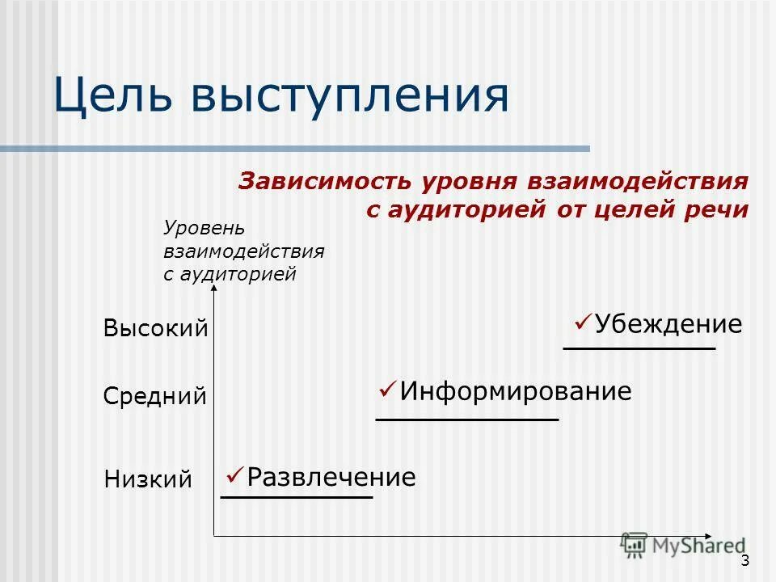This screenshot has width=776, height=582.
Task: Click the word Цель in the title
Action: tap(114, 95)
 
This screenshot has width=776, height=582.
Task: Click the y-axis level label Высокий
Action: tap(156, 329)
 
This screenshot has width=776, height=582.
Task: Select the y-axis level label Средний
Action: tap(155, 397)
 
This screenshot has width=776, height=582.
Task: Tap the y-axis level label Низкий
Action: tap(149, 480)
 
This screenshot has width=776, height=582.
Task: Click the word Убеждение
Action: tap(668, 325)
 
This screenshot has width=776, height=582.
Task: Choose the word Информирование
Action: tap(516, 392)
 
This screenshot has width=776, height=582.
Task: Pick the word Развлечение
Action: tap(331, 477)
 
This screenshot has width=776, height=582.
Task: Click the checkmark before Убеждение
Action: tap(584, 323)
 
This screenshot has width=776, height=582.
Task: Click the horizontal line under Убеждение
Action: tap(639, 348)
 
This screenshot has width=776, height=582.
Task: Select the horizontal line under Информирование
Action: tap(467, 420)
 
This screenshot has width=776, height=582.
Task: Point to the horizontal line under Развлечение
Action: tap(297, 497)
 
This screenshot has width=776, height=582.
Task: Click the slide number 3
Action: tap(744, 562)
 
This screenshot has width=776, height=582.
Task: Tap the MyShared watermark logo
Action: tap(683, 546)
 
